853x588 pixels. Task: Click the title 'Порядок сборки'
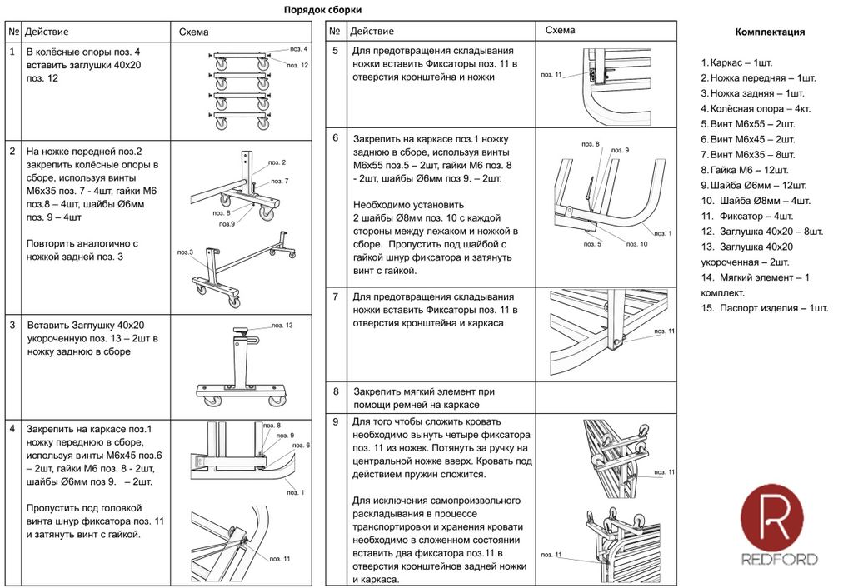[322, 10]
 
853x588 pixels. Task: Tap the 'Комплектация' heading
[770, 32]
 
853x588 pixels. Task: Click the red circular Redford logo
[771, 516]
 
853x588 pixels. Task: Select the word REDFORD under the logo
[780, 560]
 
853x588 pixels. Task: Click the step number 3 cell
[12, 326]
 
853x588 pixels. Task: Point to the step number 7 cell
[335, 296]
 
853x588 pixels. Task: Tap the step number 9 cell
[335, 422]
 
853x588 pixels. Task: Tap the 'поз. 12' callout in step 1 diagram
[298, 65]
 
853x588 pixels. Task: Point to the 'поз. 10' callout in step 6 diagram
[636, 244]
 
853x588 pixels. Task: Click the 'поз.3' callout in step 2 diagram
[186, 252]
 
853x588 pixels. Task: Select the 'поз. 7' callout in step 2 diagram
[281, 181]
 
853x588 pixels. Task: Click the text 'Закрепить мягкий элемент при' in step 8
[424, 391]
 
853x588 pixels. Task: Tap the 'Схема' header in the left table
[194, 32]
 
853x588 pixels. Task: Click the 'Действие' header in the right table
[372, 32]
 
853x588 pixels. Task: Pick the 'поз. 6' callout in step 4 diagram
[302, 446]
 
